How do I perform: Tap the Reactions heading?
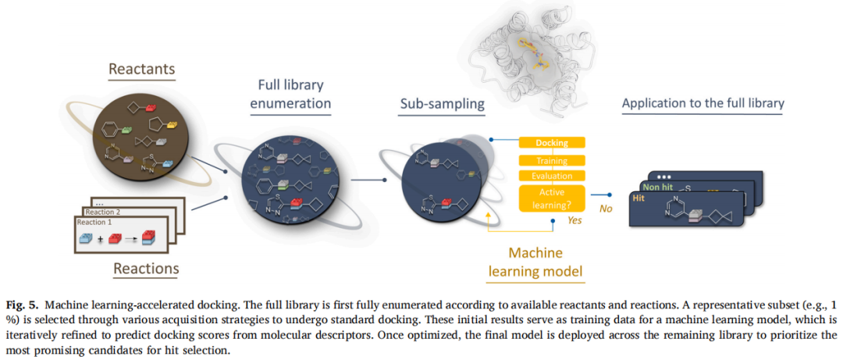click(146, 269)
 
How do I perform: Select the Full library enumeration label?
click(290, 94)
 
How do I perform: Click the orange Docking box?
click(552, 143)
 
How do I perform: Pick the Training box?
click(552, 160)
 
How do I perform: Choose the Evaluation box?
click(552, 176)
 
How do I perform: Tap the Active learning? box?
click(552, 198)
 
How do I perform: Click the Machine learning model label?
click(535, 262)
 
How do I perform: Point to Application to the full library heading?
click(702, 103)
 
